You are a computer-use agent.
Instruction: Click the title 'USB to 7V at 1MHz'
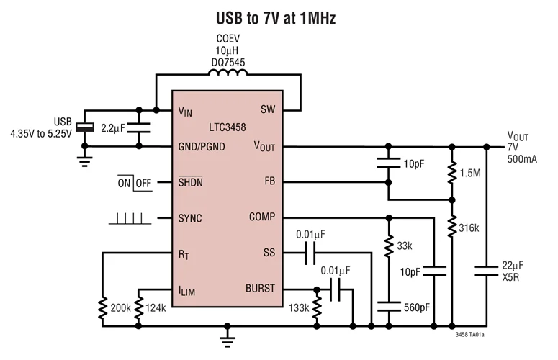tap(276, 17)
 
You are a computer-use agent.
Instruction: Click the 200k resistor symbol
tap(103, 307)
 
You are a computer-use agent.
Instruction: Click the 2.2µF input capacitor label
tap(113, 127)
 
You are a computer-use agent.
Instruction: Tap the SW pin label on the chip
tap(267, 111)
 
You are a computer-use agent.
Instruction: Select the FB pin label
tap(269, 181)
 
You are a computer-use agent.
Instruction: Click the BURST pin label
tap(260, 289)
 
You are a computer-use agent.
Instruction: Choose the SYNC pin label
tap(190, 217)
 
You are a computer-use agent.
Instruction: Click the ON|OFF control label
tap(134, 183)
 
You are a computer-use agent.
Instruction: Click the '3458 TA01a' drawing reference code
tap(469, 335)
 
